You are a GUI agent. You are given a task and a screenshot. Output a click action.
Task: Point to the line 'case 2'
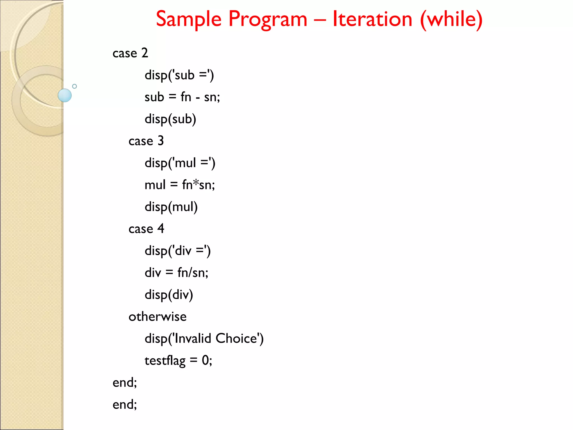coord(130,53)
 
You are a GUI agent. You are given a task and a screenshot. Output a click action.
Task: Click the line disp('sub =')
coord(179,75)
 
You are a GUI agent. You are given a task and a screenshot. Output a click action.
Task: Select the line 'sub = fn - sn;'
coord(182,97)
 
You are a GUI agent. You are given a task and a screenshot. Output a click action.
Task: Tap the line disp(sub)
coord(170,119)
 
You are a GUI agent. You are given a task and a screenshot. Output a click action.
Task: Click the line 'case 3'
coord(146,141)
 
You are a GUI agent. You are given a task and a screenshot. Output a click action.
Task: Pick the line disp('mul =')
coord(180,163)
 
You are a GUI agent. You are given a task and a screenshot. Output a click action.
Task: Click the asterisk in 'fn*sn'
coord(196,183)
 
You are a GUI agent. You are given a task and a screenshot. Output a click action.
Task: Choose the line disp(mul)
coord(171,207)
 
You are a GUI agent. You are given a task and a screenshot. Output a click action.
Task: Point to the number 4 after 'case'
coord(161,228)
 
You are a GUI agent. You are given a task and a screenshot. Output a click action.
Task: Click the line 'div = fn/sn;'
coord(176,273)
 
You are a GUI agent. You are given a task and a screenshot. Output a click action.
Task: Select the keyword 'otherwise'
coord(158,317)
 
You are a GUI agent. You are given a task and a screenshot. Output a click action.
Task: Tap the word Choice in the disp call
coord(236,338)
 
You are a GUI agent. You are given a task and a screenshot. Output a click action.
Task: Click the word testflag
coord(165,361)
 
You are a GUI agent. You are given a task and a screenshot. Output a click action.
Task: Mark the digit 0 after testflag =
coord(205,360)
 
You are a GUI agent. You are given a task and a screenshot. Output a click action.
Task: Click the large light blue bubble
coord(65,95)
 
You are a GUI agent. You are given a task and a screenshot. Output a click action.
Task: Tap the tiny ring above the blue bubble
coord(74,86)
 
